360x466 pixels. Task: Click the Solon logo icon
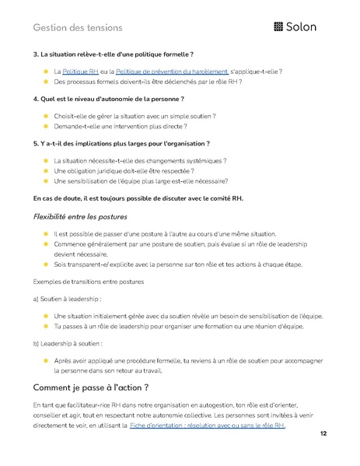coord(280,27)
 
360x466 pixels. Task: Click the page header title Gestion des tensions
coord(78,28)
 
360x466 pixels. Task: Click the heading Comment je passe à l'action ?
coord(90,387)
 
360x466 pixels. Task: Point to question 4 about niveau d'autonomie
coord(108,100)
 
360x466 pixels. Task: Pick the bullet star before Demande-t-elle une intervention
coord(46,126)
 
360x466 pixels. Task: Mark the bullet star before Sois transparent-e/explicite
coord(46,265)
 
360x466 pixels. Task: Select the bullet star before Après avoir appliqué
coord(46,360)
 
